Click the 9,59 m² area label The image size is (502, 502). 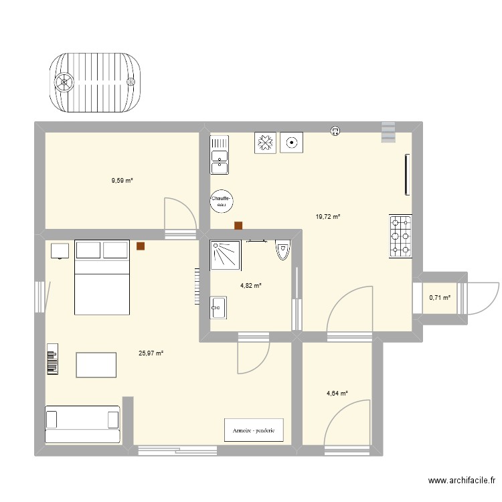[x=122, y=180]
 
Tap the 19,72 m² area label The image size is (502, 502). [x=328, y=217]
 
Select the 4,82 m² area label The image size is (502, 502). [x=250, y=285]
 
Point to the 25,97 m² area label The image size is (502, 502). [x=151, y=353]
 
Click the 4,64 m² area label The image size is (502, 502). [x=337, y=394]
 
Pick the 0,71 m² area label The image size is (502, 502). [x=440, y=298]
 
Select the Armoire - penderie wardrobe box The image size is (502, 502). [x=254, y=430]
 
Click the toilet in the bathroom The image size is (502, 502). [x=282, y=249]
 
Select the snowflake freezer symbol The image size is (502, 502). [x=264, y=143]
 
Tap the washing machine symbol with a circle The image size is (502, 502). [x=292, y=143]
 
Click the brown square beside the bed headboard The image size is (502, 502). [x=141, y=246]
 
